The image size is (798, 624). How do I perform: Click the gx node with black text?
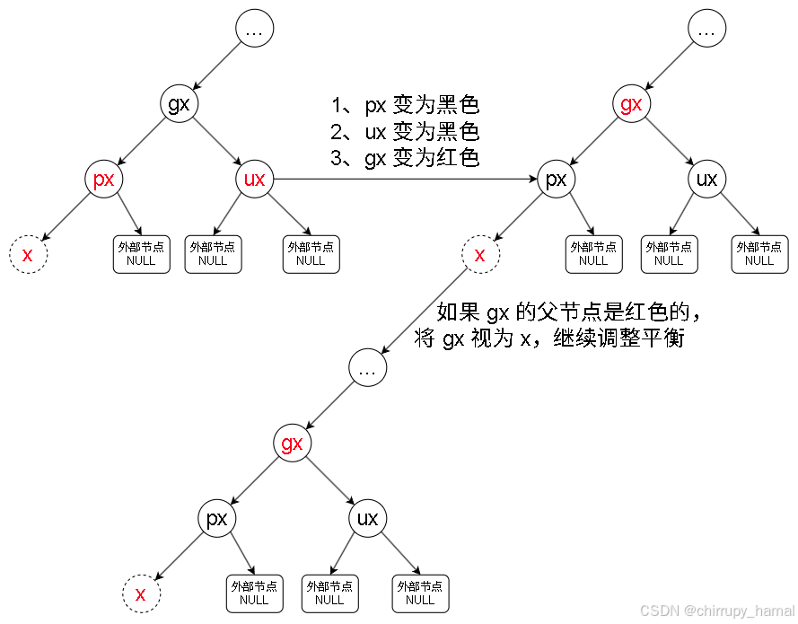180,104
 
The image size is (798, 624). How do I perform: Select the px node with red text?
104,180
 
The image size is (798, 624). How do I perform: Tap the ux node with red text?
255,180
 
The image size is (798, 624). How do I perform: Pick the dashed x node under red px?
28,255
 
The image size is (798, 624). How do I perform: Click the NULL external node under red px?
142,255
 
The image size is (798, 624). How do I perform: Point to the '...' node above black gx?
255,30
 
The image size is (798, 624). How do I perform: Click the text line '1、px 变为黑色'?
405,106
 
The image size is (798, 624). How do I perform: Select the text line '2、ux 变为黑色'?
405,133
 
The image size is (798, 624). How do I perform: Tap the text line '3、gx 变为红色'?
405,159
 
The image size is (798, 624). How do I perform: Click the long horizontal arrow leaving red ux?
404,180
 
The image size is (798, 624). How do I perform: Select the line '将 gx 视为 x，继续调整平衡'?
549,339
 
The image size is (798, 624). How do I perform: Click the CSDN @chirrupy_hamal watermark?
717,611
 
